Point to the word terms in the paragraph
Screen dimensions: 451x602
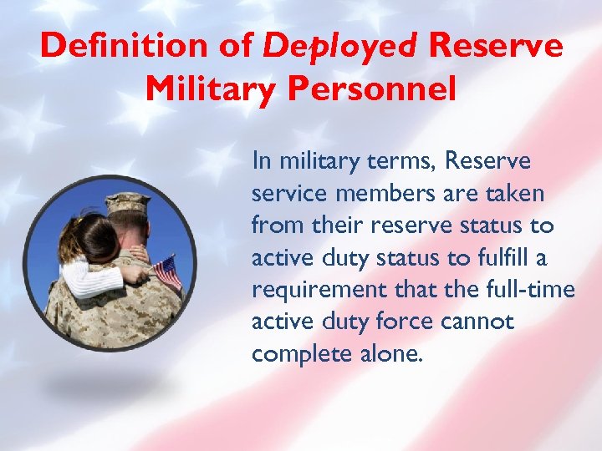tap(399, 161)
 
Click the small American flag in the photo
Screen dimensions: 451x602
tap(168, 272)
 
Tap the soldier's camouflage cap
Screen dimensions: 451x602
tap(128, 203)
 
